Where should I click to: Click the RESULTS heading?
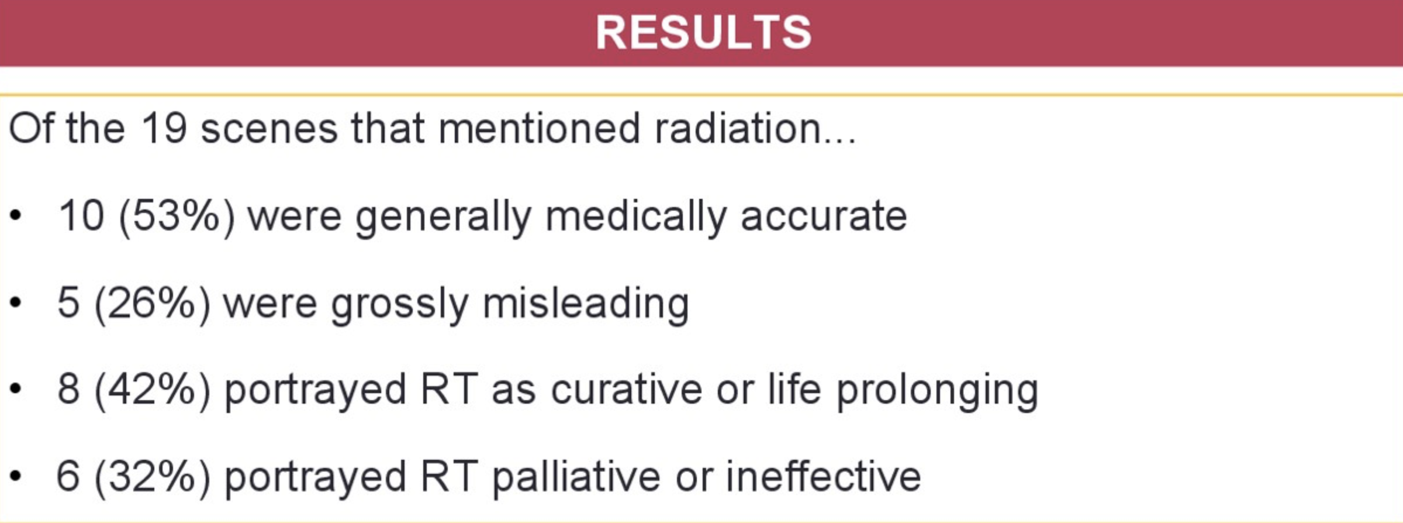point(704,32)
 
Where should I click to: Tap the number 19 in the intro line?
point(164,128)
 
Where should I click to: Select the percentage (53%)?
point(177,216)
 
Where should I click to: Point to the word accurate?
point(824,216)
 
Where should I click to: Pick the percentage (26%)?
point(153,303)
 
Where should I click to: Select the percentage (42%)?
point(153,390)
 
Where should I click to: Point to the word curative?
point(626,390)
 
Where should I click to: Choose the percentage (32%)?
point(153,477)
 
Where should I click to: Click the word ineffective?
point(824,477)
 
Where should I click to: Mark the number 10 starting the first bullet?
point(81,216)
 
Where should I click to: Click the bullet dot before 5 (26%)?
point(16,303)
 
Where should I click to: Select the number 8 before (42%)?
point(68,390)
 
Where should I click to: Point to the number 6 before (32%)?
point(68,477)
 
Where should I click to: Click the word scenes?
point(269,129)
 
